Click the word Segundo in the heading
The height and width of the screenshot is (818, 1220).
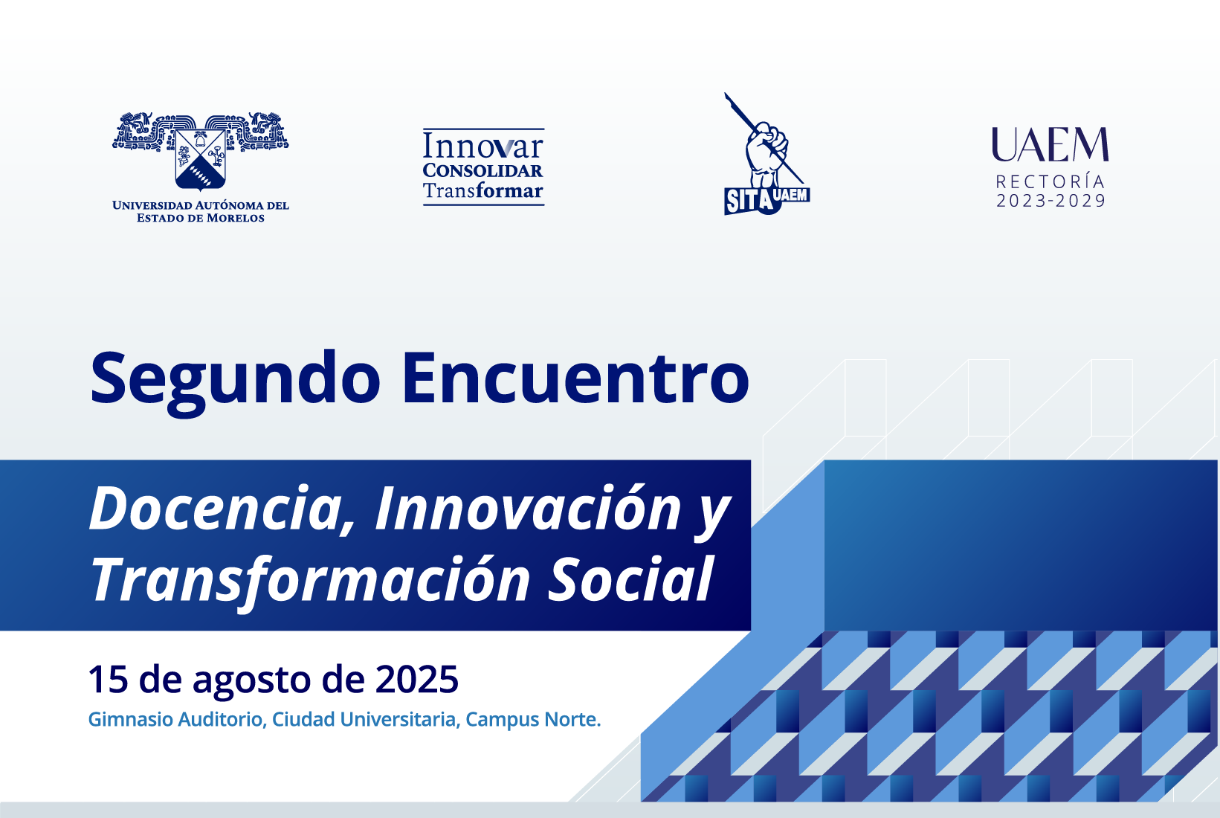coord(235,382)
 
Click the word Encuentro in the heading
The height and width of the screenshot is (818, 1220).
coord(576,378)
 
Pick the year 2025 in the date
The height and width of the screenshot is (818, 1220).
coord(416,679)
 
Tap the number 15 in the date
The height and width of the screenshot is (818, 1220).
coord(108,679)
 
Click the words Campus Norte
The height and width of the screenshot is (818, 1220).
coord(533,719)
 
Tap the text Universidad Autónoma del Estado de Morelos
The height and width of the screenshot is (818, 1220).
coord(201,211)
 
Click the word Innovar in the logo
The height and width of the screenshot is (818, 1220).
coord(483,146)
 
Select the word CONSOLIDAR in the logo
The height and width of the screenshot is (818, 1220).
coord(483,170)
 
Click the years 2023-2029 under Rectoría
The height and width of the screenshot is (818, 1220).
coord(1050,201)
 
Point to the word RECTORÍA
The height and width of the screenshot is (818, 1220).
coord(1050,181)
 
